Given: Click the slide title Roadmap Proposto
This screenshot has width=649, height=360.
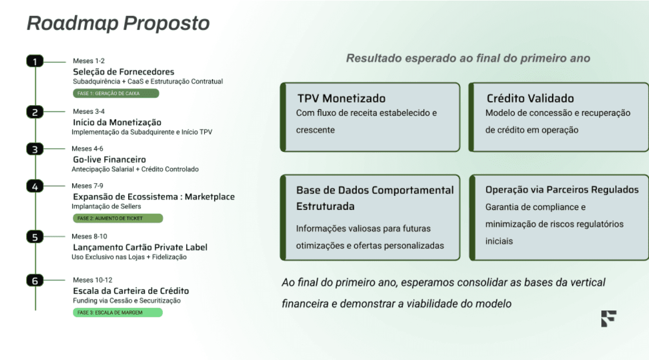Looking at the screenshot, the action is coord(118,23).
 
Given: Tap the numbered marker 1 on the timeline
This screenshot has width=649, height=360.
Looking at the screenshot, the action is coord(35,61).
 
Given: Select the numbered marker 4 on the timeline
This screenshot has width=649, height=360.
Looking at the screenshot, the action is coord(35,186).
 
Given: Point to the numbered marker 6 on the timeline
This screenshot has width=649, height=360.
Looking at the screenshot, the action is coord(35,281).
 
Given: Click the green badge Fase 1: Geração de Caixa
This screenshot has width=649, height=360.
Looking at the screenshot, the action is coord(116,93).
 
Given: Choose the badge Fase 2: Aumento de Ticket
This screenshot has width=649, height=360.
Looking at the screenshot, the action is coord(118,218).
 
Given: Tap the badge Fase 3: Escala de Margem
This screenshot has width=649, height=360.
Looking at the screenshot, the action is coord(117,312).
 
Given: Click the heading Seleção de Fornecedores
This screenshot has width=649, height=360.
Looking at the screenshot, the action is coord(124,72).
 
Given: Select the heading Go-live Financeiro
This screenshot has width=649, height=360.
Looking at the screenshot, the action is coord(109,159).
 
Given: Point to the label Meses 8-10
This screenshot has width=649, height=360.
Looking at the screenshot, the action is coord(89,236).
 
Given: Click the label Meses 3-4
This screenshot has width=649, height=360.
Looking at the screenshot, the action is coord(89,111).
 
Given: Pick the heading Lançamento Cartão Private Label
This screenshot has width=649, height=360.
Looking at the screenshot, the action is coord(140,247).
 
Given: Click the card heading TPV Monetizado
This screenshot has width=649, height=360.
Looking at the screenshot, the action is coord(341,98).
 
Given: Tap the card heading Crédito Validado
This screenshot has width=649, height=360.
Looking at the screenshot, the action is coord(530,98).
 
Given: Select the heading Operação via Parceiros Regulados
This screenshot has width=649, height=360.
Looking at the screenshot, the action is coord(562,190).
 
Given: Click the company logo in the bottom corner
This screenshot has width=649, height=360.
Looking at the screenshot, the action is coord(609,318).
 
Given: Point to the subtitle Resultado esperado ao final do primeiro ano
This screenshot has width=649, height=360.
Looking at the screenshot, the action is coord(468,58).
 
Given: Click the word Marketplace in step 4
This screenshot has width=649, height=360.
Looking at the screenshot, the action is coord(210,197).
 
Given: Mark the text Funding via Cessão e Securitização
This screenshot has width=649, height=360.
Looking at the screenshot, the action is coord(127,301).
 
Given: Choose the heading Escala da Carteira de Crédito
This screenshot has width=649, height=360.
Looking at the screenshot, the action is coord(131,291).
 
